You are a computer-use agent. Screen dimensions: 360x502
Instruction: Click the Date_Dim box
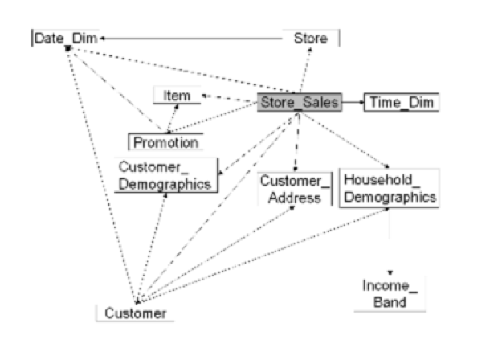coord(65,39)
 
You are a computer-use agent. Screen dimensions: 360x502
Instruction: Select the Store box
coord(311,38)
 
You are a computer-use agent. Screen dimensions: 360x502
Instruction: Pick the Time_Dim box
coord(402,102)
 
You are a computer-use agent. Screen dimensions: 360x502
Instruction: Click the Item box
coord(177,96)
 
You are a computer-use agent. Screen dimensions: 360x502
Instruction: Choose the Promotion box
coord(165,142)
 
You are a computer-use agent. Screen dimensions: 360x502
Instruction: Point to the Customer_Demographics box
coord(165,175)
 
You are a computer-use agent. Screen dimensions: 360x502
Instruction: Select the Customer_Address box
coord(295,189)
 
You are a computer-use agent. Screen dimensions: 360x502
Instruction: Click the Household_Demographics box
coord(389,188)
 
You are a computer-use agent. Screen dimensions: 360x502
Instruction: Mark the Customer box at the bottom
coord(136,313)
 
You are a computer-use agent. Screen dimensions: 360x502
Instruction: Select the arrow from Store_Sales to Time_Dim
coord(353,102)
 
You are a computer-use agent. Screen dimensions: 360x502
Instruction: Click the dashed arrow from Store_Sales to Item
coord(229,98)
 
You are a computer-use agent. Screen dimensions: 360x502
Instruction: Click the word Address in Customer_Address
coord(295,198)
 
